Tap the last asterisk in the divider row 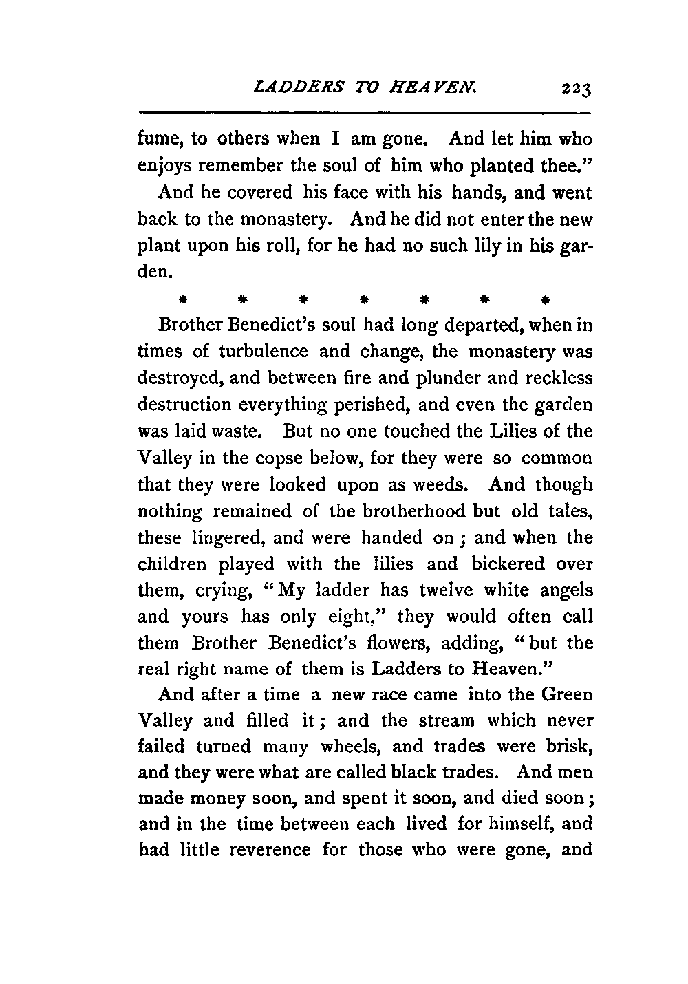[545, 300]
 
